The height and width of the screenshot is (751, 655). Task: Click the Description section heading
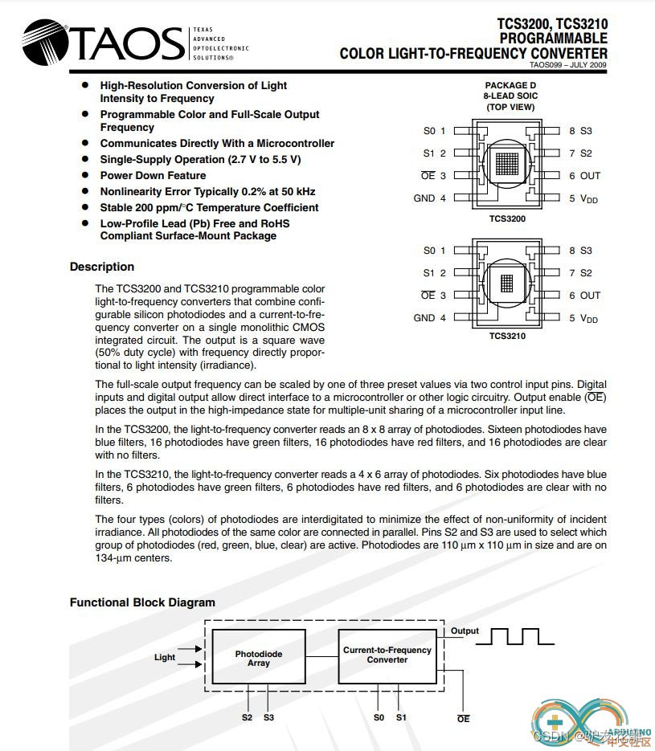tap(102, 267)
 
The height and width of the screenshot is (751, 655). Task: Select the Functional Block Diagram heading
tap(142, 602)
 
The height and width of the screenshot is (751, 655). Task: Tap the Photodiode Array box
tap(259, 658)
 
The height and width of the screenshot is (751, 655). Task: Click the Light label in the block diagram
tap(165, 657)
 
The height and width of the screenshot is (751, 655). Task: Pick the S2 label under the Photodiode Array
tap(247, 717)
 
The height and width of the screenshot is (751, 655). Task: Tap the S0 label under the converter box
tap(379, 717)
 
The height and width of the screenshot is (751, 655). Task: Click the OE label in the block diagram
tap(463, 719)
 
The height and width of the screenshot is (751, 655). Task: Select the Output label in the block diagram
tap(465, 631)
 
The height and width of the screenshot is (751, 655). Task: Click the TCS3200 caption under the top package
tap(507, 218)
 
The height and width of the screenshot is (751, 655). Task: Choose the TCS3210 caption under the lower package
tap(507, 336)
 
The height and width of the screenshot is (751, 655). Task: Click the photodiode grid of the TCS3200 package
tap(506, 164)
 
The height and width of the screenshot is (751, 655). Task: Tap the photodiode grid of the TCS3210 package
tap(506, 284)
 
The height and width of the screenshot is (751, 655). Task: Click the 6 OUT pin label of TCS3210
tap(585, 296)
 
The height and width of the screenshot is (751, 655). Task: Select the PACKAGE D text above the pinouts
tap(510, 85)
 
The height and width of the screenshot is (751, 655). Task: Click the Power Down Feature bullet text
tap(153, 175)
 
